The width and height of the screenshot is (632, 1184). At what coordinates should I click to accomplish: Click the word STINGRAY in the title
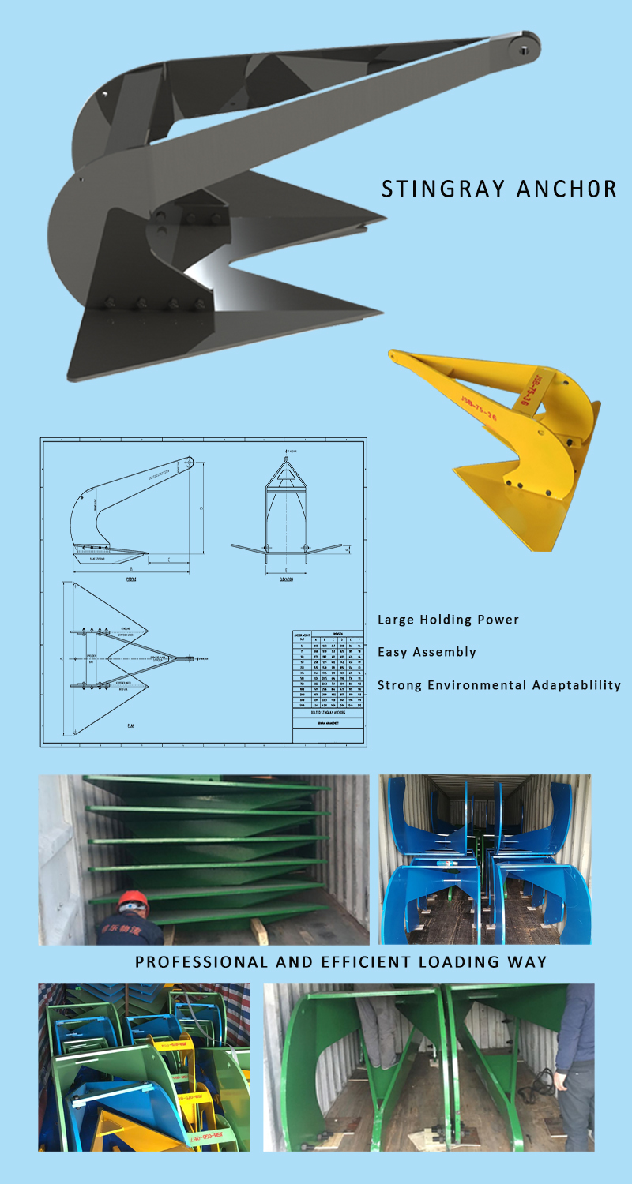[434, 189]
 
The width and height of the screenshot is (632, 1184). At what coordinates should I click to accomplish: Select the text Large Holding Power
[448, 620]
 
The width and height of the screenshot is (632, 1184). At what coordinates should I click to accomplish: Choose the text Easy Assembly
[427, 652]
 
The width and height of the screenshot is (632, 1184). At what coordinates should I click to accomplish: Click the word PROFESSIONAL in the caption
[201, 962]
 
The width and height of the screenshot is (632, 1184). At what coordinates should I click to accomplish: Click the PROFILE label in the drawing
[131, 579]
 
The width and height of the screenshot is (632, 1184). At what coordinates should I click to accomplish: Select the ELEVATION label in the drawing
[285, 579]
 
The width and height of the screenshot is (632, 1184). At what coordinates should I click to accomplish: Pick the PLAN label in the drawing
[130, 725]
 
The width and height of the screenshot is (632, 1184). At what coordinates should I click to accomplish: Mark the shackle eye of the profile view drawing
[190, 461]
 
